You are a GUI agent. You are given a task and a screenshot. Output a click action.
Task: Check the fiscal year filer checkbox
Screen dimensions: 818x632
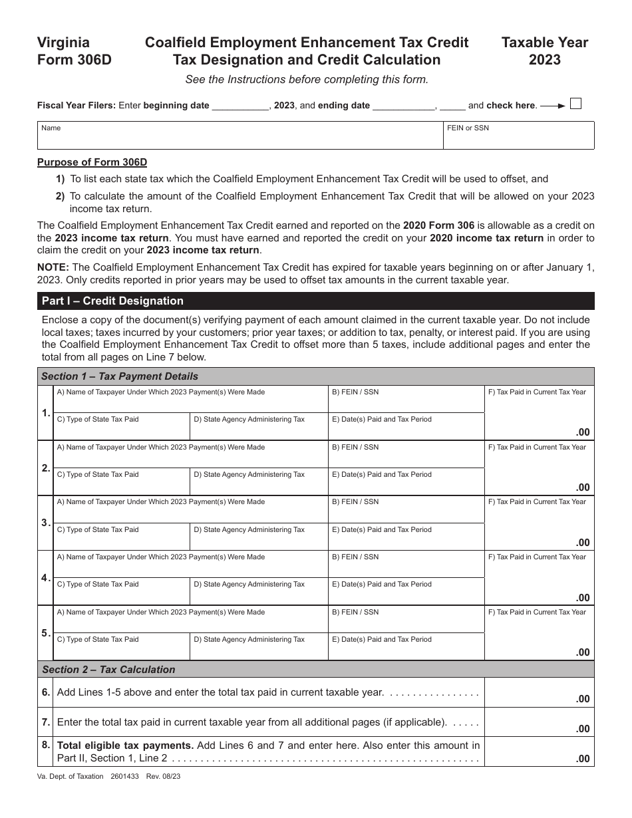point(576,104)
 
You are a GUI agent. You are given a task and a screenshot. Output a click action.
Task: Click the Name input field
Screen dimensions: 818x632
point(240,136)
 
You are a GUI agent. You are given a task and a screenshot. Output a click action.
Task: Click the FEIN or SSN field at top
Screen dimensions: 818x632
point(519,136)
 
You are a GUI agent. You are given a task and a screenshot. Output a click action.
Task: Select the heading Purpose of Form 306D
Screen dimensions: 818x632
point(92,162)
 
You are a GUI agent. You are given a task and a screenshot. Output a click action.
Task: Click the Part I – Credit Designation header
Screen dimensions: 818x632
point(113,301)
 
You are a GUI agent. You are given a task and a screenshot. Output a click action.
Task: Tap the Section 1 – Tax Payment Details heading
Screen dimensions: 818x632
point(120,376)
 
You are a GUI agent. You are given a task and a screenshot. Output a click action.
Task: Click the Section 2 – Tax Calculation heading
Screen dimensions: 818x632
point(109,670)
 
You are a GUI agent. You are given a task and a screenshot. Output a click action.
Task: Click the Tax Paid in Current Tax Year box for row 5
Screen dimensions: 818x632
point(539,633)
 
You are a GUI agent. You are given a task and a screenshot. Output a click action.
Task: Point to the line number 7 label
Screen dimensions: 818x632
point(46,722)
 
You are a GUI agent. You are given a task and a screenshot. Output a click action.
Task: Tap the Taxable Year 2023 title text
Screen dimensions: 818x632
point(544,51)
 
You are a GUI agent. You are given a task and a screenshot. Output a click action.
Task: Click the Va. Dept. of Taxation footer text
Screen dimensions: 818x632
point(71,775)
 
